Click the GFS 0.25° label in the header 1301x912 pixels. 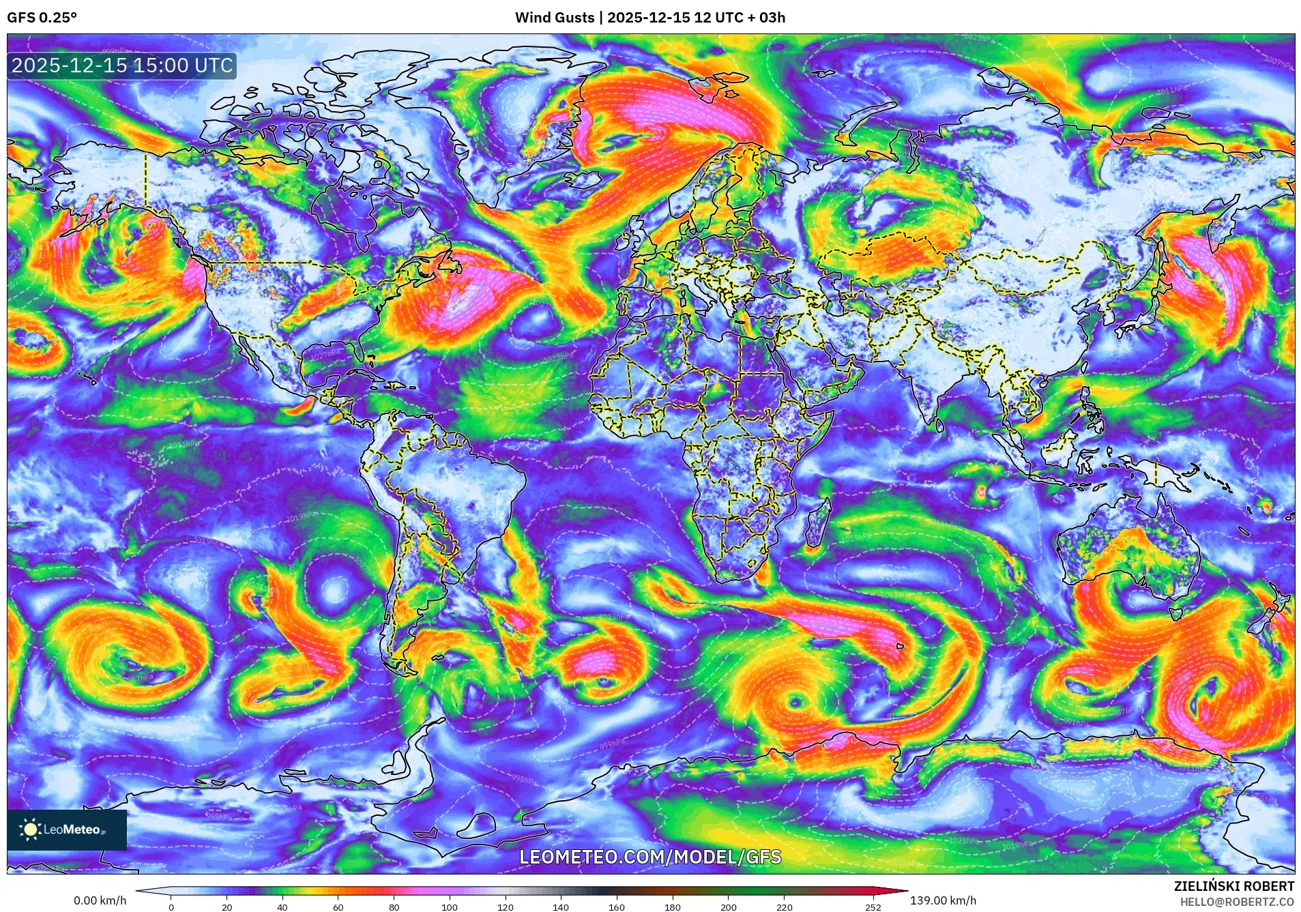pos(42,18)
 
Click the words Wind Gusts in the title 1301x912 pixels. pos(554,18)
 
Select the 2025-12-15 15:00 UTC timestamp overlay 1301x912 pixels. pos(122,66)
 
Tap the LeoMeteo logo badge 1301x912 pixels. pos(67,829)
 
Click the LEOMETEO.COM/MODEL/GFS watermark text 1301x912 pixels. pos(650,857)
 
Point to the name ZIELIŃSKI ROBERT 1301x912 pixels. pos(1233,886)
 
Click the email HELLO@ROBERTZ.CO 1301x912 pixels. pos(1236,902)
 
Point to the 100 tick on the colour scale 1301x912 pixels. pos(449,907)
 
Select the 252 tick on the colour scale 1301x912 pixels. pos(873,907)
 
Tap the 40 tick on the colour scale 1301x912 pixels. pos(282,907)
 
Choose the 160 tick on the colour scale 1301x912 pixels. pos(616,907)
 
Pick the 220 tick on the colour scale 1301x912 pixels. pos(784,907)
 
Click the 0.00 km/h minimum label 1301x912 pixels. pos(100,900)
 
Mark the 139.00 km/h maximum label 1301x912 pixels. pos(943,900)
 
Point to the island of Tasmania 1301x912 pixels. pos(1175,613)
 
